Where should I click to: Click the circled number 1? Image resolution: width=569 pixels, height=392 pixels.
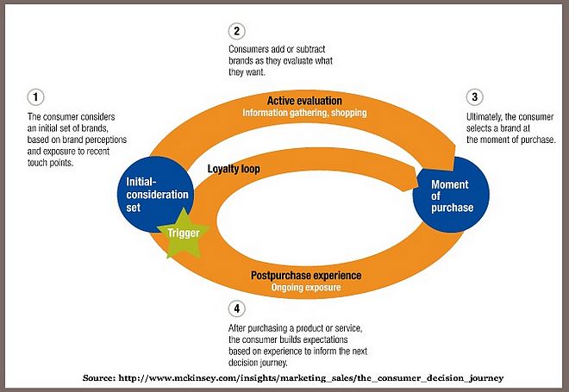34,96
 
